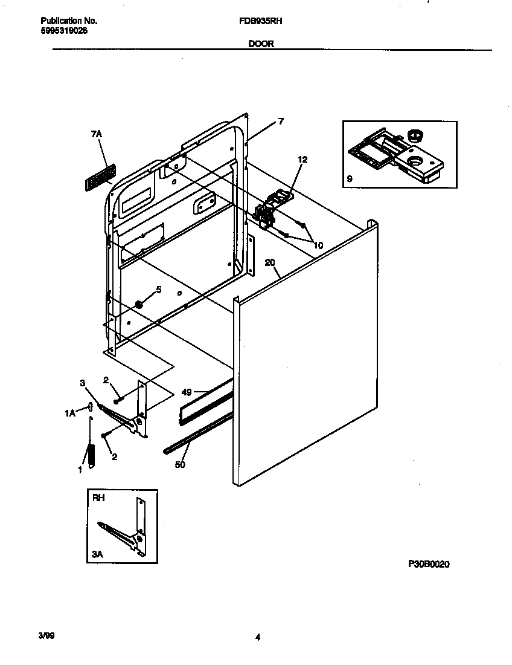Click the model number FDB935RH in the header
266,21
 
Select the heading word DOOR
261,44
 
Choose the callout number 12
302,160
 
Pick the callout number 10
318,245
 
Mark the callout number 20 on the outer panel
270,262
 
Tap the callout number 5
159,290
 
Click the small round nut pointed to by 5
139,304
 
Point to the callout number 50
181,465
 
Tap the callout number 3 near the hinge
82,383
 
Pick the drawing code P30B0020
429,564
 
